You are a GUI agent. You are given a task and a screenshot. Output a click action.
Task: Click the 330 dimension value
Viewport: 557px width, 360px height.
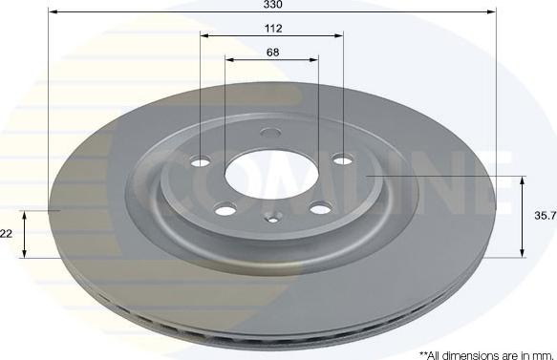(273, 5)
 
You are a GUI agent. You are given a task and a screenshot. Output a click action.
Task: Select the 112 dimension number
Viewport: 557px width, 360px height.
(273, 29)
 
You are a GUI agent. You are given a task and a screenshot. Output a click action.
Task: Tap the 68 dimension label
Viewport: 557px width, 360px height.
(272, 53)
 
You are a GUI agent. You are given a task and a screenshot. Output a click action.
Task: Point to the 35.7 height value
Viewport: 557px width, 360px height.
(546, 216)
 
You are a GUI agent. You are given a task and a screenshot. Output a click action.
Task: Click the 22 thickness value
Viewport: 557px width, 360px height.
(7, 234)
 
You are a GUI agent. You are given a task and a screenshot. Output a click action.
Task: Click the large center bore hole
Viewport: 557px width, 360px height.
(272, 175)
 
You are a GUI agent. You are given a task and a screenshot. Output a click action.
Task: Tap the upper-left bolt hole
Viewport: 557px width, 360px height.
(201, 162)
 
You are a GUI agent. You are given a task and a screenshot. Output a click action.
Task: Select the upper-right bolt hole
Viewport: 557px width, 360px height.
(343, 159)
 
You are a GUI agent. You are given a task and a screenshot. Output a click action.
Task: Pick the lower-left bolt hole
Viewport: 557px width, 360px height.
(225, 210)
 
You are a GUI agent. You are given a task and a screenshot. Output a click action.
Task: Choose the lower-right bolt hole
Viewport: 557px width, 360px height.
(321, 208)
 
